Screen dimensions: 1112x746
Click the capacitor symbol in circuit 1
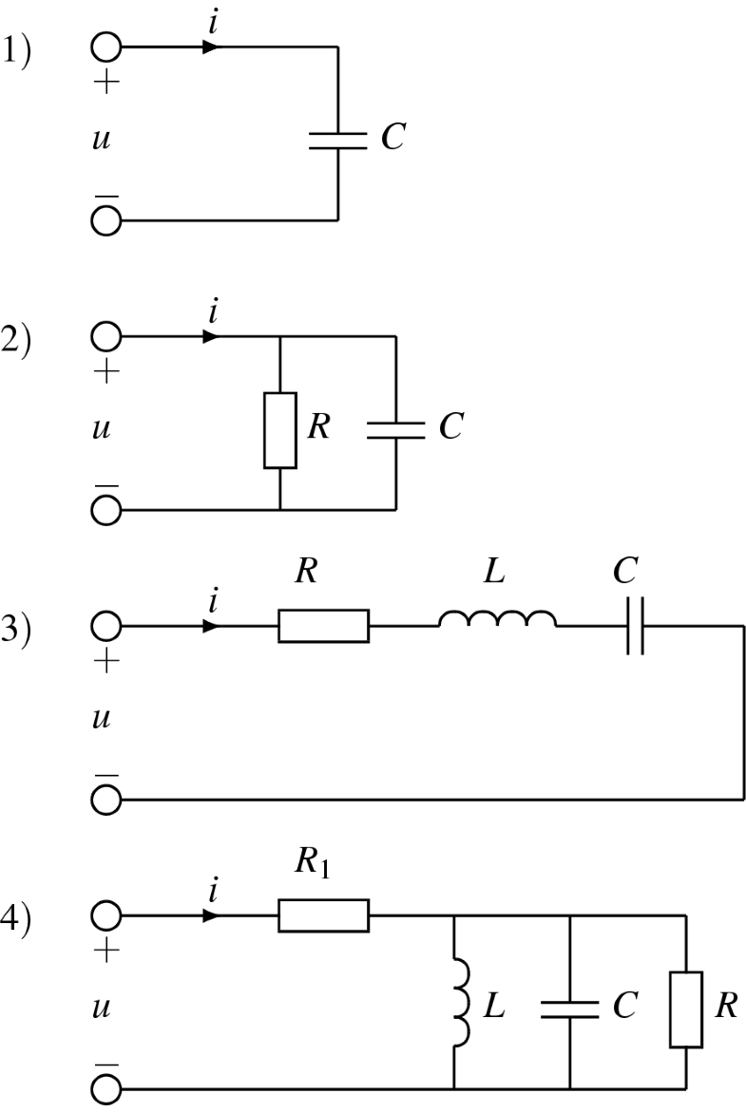337,141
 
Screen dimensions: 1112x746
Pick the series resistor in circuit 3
323,627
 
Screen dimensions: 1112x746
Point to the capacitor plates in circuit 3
635,627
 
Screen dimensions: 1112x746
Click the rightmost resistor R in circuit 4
686,1008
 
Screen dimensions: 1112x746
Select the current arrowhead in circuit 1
211,46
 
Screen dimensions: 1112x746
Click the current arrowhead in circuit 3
211,627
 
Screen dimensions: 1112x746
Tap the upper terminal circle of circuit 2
106,336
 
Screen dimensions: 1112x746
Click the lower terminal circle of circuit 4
106,1088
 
